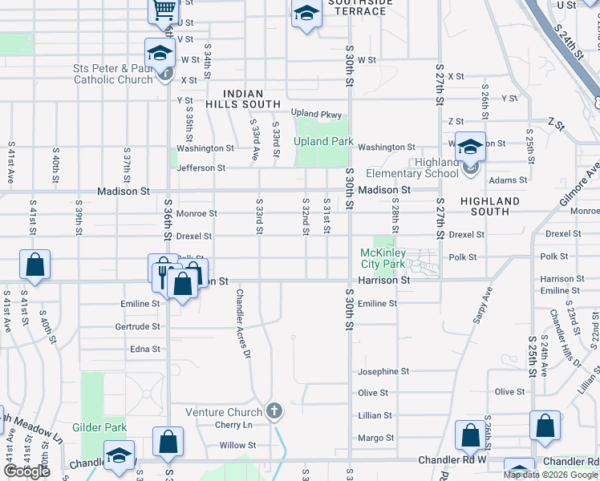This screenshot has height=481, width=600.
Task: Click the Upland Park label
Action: pyautogui.click(x=323, y=141)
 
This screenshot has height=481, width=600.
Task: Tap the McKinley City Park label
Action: pyautogui.click(x=382, y=258)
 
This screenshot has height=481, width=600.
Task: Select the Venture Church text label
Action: pyautogui.click(x=224, y=412)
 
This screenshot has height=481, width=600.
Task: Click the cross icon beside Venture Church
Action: pyautogui.click(x=274, y=411)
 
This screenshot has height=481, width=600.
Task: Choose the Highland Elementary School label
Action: pyautogui.click(x=411, y=168)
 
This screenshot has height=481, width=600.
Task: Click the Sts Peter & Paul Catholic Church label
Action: pyautogui.click(x=113, y=75)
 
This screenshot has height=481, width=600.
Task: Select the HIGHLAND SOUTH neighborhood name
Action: pyautogui.click(x=490, y=206)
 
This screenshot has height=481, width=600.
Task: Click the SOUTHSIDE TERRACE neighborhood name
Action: pyautogui.click(x=360, y=6)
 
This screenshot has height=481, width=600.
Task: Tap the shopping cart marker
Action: pyautogui.click(x=163, y=10)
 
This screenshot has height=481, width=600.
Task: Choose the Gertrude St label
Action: pyautogui.click(x=137, y=327)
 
